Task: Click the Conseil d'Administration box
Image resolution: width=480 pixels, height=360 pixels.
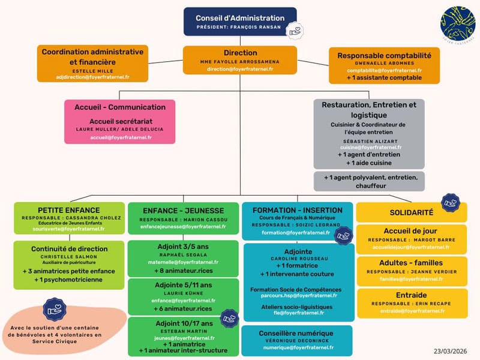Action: click(240, 21)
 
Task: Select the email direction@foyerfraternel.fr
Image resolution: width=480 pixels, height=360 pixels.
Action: click(240, 69)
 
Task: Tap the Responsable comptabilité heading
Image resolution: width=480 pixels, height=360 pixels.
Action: click(384, 55)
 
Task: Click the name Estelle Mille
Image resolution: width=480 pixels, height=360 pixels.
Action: click(92, 70)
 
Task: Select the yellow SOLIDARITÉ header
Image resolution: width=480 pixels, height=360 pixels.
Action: click(412, 212)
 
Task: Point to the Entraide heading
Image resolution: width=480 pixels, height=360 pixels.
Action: click(412, 295)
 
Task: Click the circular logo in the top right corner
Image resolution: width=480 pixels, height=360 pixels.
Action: click(457, 23)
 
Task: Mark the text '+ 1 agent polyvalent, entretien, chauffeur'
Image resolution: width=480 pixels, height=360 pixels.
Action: click(369, 181)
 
